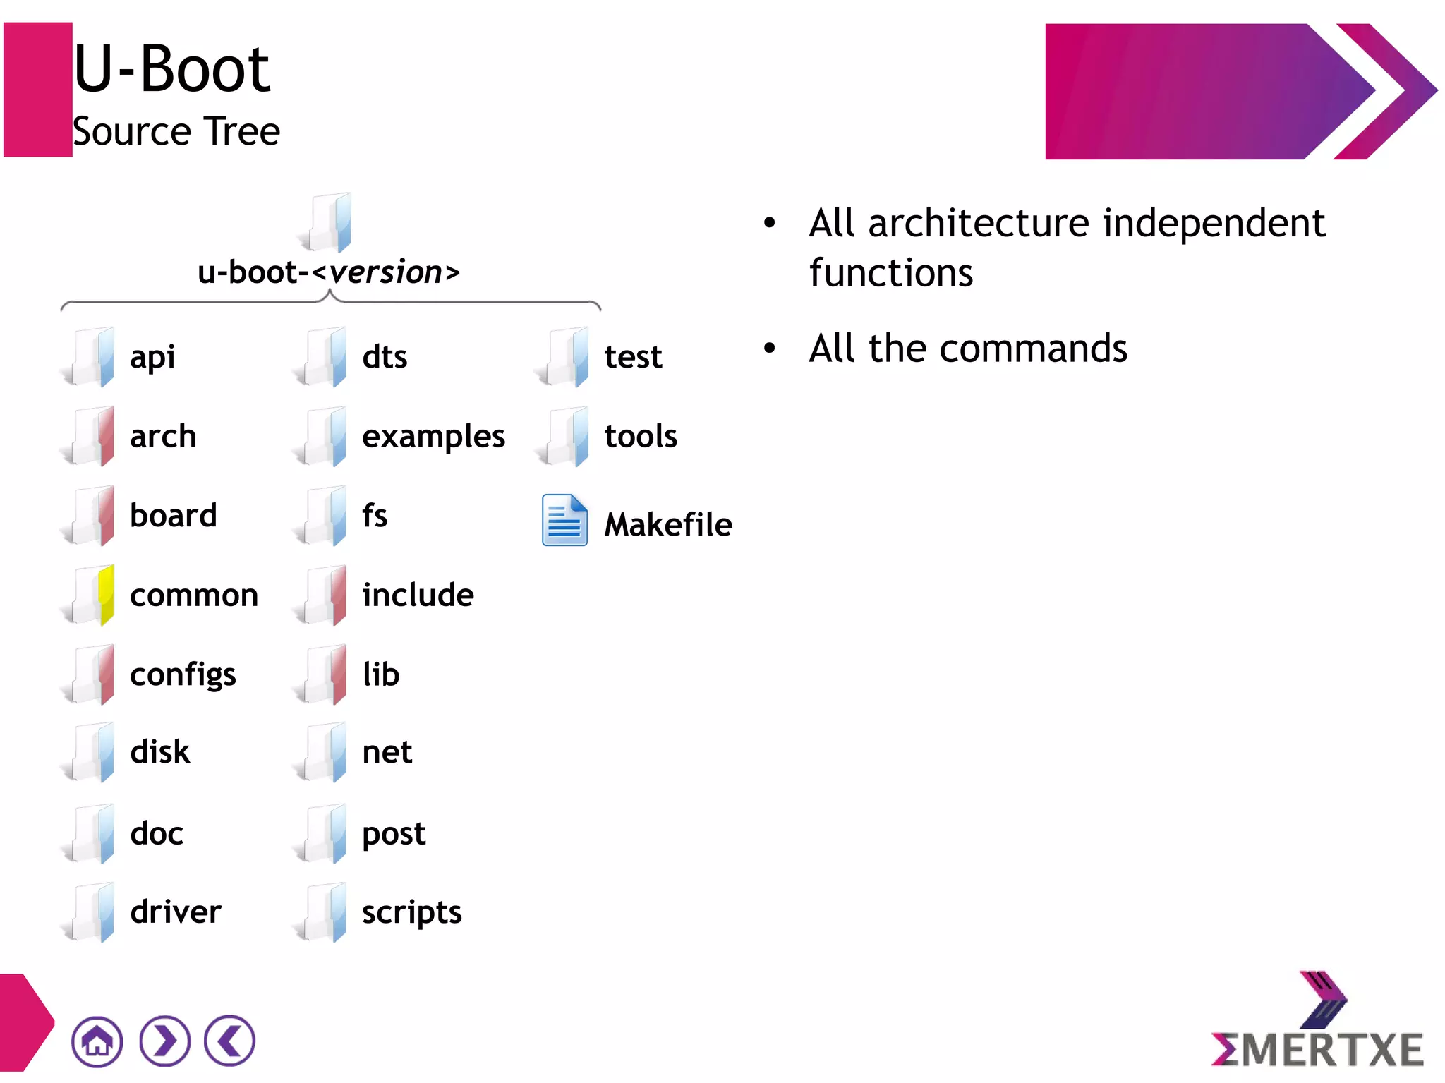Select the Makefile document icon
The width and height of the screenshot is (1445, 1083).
[564, 521]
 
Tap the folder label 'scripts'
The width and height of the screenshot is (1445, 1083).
[411, 912]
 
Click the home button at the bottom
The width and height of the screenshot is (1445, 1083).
[97, 1041]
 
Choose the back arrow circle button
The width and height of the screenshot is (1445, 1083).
[229, 1041]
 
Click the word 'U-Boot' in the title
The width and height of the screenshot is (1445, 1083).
[171, 68]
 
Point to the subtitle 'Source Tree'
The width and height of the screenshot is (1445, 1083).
[176, 131]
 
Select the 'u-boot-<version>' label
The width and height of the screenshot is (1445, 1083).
[328, 272]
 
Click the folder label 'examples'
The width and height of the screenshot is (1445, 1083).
[433, 436]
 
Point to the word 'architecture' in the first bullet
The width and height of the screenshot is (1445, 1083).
[979, 223]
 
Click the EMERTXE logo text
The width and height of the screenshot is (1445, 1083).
[1317, 1049]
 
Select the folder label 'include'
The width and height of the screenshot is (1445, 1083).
[418, 595]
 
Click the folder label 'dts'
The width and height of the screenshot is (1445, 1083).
[385, 356]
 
